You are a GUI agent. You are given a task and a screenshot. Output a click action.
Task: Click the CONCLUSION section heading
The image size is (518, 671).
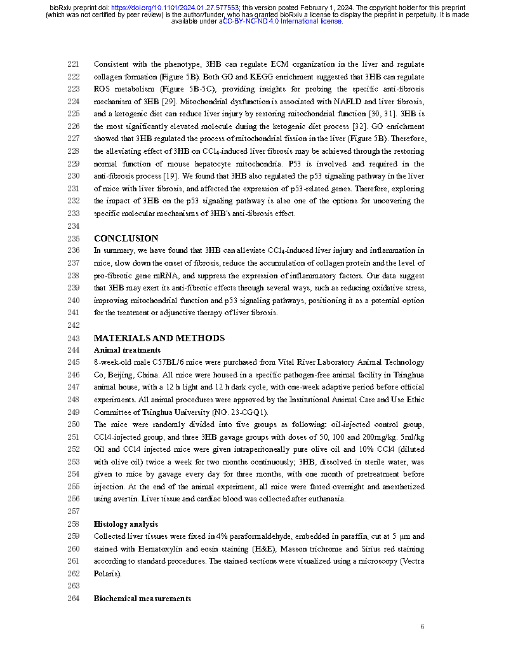tap(126, 239)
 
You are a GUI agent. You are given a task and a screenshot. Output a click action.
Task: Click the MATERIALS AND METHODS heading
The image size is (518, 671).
tap(159, 339)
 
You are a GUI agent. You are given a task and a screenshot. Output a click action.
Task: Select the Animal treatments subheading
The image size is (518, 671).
tap(127, 350)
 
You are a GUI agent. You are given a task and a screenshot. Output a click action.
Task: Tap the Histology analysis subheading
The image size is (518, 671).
tap(126, 524)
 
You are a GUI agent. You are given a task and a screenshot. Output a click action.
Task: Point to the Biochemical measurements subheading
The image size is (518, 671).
tap(142, 599)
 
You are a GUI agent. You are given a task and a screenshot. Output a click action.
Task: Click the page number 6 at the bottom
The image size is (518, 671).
tap(422, 627)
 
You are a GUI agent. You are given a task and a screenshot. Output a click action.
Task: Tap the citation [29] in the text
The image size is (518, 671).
tap(169, 102)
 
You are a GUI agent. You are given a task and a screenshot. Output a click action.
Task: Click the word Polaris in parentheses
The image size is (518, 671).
tap(106, 574)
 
